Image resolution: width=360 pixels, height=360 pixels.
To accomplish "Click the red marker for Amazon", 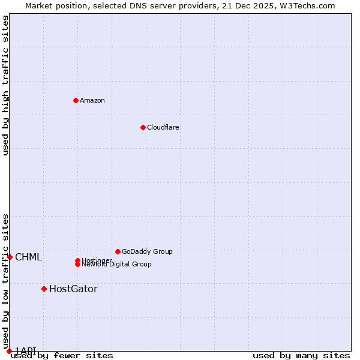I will point(76,100).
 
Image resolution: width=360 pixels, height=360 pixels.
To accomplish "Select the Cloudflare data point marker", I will point(143,127).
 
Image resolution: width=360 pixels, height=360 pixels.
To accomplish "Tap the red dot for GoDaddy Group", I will point(118,251).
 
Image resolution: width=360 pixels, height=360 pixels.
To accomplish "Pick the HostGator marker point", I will point(44,289).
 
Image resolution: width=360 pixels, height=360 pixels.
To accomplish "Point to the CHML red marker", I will point(10,257).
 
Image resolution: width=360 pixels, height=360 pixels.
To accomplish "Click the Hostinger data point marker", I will point(77,260).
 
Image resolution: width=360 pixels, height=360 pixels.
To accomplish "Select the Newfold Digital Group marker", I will point(77,265).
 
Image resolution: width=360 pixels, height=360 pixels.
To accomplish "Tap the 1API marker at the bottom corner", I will point(9,351).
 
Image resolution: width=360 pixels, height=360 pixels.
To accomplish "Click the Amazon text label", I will point(92,100).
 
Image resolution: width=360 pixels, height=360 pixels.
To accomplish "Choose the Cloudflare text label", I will point(163,127).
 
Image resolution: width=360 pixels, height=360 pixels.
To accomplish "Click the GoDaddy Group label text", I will point(147,251).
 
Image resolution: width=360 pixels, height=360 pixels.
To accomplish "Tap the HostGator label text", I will point(73,289).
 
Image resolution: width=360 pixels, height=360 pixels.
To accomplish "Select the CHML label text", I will point(29,257).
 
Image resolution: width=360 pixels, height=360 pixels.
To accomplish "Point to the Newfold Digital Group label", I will point(117,265).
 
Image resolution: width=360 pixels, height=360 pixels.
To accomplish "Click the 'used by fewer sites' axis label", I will point(62,355).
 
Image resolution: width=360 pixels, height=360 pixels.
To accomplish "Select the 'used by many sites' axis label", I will point(301,355).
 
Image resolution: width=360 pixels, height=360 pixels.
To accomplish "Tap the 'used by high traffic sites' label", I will point(5,85).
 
